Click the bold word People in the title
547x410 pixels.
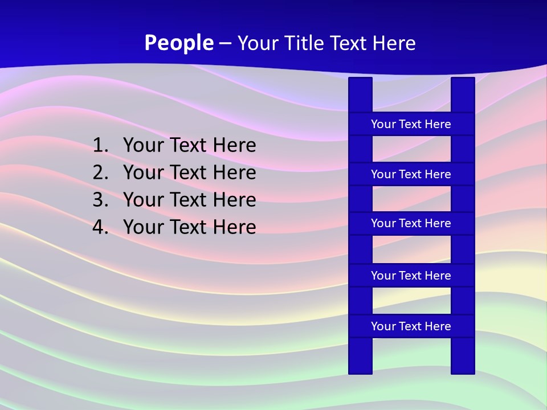pyautogui.click(x=179, y=43)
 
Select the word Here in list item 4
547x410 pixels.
pyautogui.click(x=234, y=227)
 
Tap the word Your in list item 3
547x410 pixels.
pyautogui.click(x=143, y=200)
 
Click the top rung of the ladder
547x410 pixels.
pyautogui.click(x=411, y=124)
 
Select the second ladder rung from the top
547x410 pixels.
pyautogui.click(x=411, y=174)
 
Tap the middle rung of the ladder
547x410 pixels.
pyautogui.click(x=411, y=223)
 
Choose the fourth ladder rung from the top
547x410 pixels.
pyautogui.click(x=411, y=276)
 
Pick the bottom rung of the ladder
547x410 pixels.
pyautogui.click(x=411, y=326)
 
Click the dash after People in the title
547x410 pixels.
pyautogui.click(x=224, y=44)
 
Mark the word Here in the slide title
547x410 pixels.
pyautogui.click(x=393, y=43)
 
